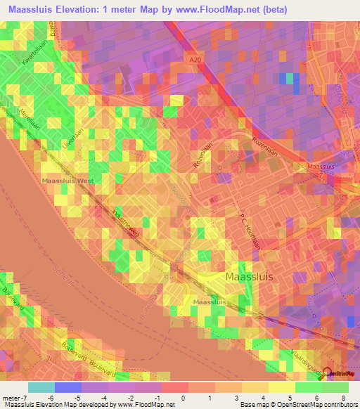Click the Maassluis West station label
67,181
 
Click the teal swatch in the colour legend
41,387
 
